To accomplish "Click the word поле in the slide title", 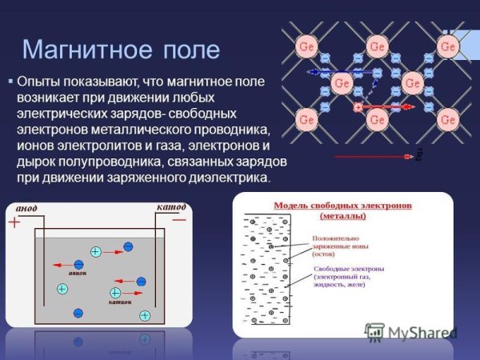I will click(190, 50).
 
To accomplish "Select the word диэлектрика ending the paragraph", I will click(231, 177).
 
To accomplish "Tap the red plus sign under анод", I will click(14, 223).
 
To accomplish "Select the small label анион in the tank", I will click(78, 274).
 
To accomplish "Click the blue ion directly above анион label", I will click(78, 264).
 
